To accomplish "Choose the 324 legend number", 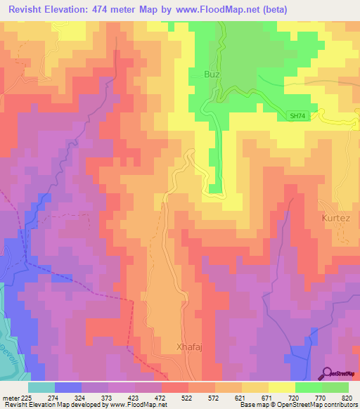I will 80,398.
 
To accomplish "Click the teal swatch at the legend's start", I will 41,387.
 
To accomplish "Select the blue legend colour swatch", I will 67,387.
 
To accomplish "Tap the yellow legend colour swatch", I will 281,387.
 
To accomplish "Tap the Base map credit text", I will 252,405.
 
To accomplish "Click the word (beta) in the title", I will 271,9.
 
